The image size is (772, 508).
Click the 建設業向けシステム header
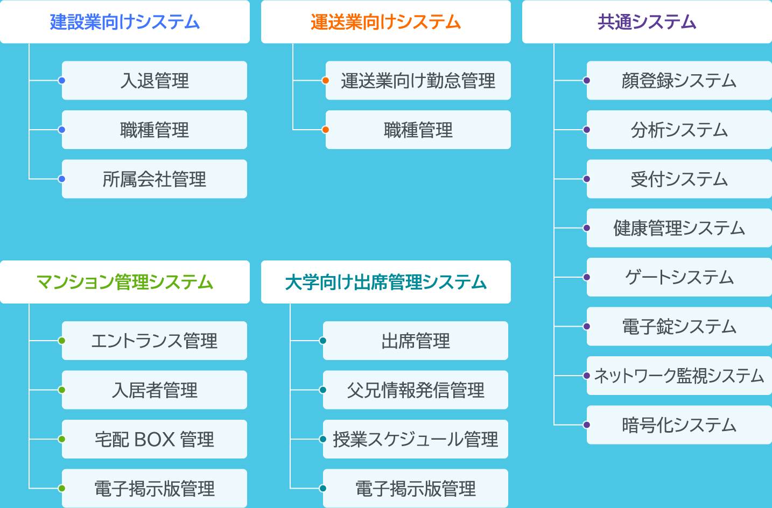[125, 22]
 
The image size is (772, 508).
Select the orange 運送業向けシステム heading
[385, 22]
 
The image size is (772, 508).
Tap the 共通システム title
[647, 22]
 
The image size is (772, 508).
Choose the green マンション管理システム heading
[125, 282]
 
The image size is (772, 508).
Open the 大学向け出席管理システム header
[385, 282]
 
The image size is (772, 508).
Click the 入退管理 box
[155, 81]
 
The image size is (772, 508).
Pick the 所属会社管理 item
[155, 179]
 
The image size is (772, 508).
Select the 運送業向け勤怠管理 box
[418, 81]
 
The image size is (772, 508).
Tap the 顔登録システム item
[679, 81]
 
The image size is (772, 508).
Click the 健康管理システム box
[679, 228]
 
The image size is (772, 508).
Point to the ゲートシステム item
[679, 277]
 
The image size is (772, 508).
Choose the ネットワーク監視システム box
[679, 376]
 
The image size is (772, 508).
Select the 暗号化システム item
[679, 425]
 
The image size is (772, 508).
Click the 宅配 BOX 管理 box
[155, 439]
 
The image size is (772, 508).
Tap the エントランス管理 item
[155, 341]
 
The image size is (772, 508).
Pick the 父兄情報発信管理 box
[415, 390]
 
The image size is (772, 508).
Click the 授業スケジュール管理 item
[415, 439]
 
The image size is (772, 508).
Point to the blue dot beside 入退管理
[62, 81]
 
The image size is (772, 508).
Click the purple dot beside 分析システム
[587, 130]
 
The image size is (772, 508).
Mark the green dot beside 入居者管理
[62, 390]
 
